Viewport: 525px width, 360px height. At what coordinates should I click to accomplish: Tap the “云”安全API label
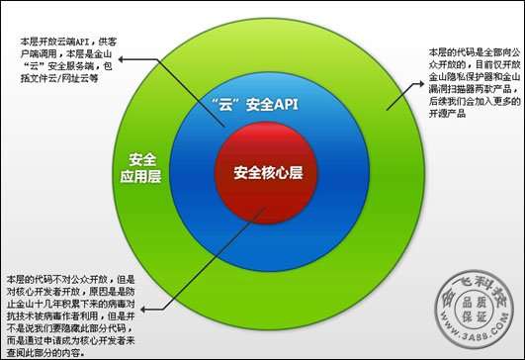[x=254, y=103]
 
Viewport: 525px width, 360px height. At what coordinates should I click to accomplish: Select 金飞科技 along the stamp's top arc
[x=480, y=288]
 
